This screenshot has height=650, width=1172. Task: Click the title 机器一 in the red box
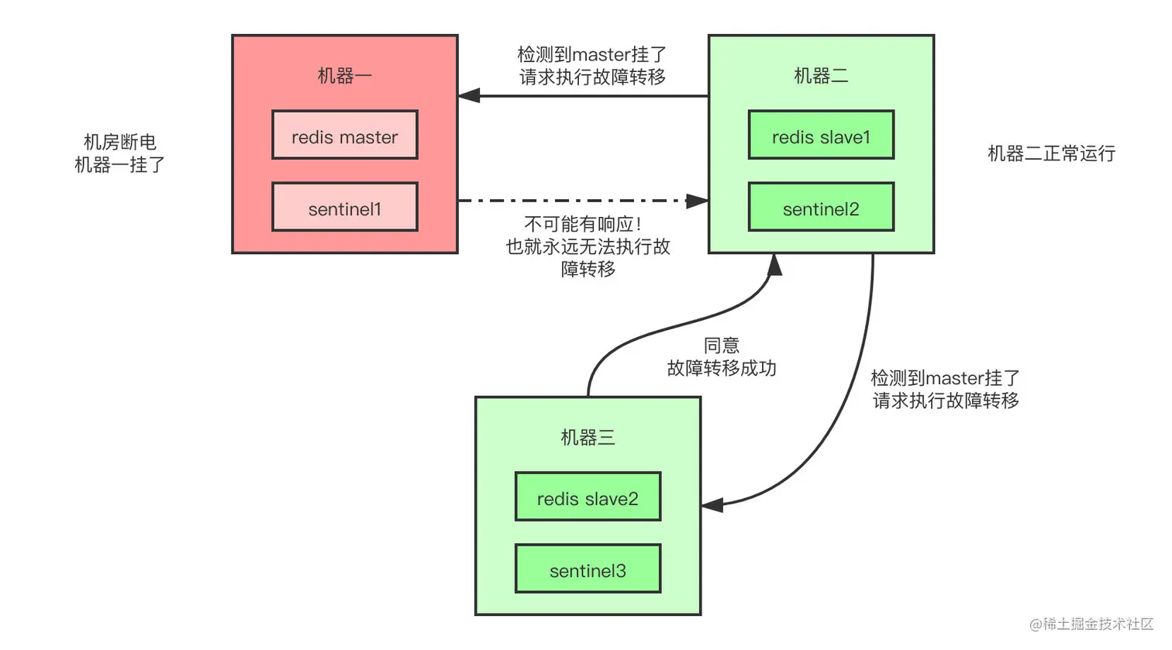click(345, 76)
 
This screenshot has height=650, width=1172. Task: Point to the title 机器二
click(821, 76)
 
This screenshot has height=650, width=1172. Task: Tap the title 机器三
click(588, 438)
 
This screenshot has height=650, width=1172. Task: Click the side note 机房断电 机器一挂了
click(119, 153)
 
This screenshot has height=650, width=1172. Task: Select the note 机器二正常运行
click(1051, 153)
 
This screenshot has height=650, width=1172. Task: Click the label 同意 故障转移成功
click(722, 357)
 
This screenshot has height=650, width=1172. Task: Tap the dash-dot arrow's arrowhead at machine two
click(697, 201)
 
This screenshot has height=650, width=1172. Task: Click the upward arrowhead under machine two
click(774, 265)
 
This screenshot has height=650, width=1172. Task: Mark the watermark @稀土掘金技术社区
click(1091, 624)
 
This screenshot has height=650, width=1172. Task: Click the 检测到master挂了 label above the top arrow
click(592, 55)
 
